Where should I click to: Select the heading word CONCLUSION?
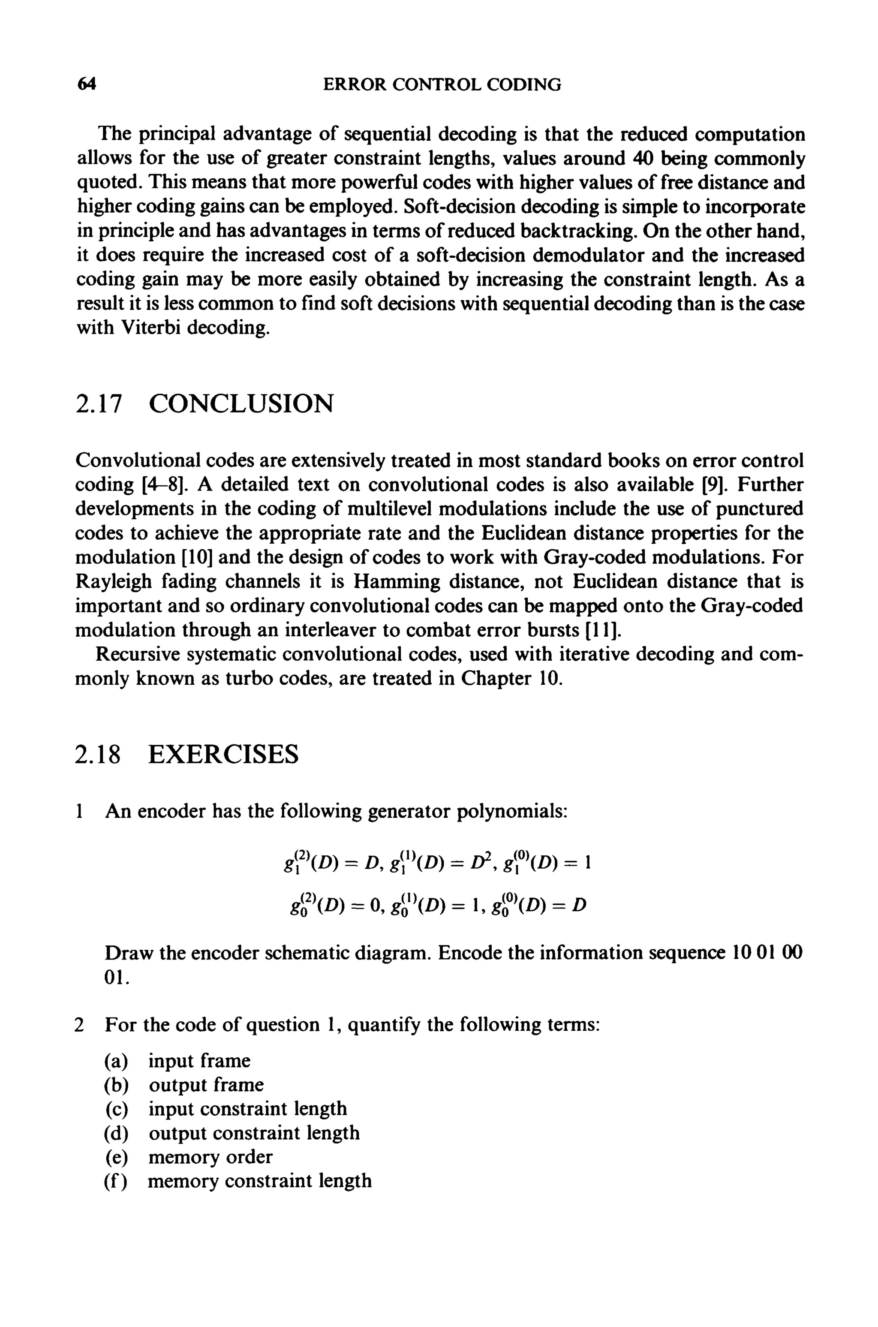[x=241, y=404]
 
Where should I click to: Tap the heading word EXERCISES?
[x=223, y=754]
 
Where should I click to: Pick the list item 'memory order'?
[x=210, y=1157]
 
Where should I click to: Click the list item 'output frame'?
[x=205, y=1085]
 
